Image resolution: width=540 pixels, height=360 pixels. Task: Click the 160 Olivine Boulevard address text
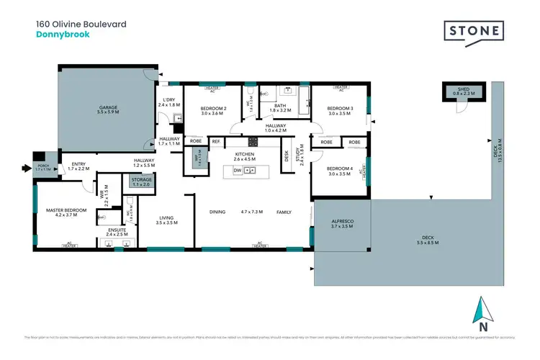81,24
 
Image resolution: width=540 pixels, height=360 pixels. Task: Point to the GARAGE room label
108,108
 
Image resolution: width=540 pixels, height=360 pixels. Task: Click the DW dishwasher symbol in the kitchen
237,170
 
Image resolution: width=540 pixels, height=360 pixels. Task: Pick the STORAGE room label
141,179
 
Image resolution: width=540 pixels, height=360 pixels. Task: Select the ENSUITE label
116,230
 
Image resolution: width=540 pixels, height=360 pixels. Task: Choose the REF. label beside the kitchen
216,142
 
